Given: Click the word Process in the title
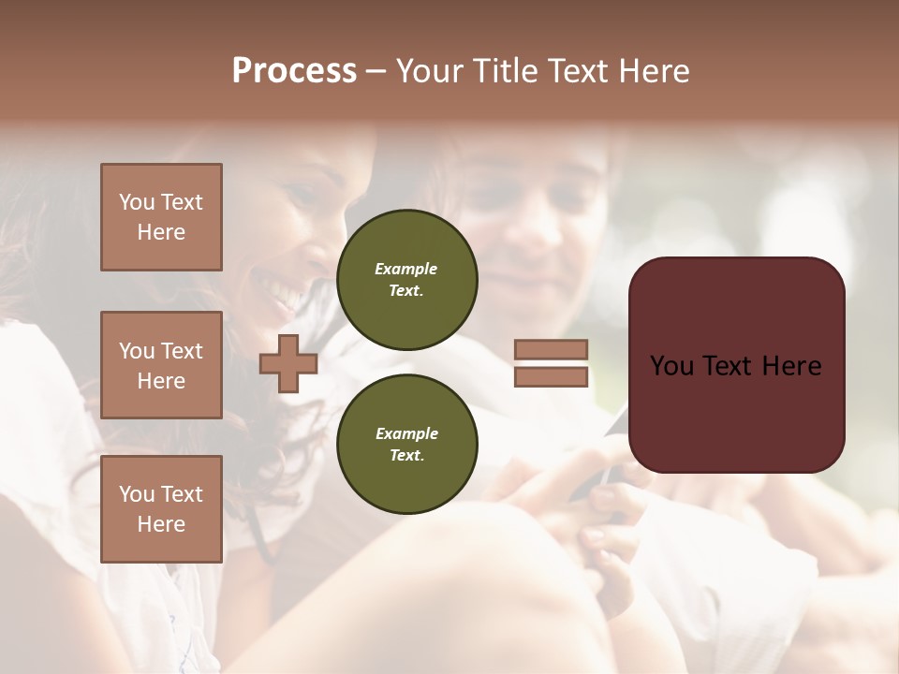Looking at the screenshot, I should [294, 71].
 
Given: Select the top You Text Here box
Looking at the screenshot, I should [161, 217].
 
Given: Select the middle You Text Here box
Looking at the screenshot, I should [161, 365].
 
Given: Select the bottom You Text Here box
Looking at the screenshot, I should [161, 509].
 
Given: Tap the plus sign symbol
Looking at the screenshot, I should [288, 363].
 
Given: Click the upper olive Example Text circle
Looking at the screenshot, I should [406, 279].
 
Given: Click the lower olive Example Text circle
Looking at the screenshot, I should [406, 444].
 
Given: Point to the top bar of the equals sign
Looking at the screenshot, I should [551, 350].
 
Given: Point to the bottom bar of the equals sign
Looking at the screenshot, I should [551, 376].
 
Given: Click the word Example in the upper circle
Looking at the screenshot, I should [405, 269].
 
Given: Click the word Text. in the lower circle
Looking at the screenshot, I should [406, 455].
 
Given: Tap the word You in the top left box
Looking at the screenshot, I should [137, 202].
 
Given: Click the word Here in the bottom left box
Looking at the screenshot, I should [161, 524].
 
